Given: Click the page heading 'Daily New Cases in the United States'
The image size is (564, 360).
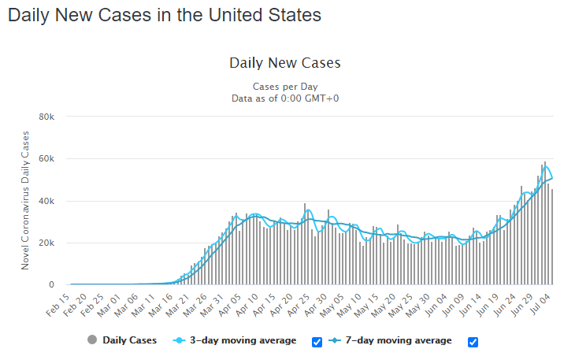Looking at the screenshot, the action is [165, 16].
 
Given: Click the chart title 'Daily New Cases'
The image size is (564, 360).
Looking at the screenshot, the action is [285, 63].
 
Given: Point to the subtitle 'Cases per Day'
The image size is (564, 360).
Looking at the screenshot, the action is [285, 87].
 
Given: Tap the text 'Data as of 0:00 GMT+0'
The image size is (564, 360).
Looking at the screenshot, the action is [285, 98].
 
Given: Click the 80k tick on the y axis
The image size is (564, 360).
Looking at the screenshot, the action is [46, 117].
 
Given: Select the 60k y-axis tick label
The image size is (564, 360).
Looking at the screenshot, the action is [46, 159].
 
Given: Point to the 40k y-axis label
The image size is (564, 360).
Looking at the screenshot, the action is [46, 201].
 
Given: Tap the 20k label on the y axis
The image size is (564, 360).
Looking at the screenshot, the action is [46, 243].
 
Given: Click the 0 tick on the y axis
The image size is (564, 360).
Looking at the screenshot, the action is [51, 285].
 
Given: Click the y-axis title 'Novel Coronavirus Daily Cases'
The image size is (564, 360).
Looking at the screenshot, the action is [25, 200].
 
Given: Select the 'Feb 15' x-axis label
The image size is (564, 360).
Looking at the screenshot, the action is [58, 305].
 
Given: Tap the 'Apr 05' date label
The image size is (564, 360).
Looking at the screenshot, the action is [229, 305].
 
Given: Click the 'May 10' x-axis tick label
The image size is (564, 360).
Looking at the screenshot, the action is [349, 306].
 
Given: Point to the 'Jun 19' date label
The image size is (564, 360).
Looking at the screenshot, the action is [488, 305].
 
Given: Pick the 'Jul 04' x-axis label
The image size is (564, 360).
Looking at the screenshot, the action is [540, 304].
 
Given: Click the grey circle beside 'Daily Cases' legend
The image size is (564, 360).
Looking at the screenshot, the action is [92, 340].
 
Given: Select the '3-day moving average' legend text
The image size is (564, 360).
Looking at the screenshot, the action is [243, 340].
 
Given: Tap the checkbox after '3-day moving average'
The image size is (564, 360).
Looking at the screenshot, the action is [317, 342].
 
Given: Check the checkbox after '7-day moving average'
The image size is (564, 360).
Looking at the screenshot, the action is [473, 342].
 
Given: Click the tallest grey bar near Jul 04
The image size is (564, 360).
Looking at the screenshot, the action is [545, 223].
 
